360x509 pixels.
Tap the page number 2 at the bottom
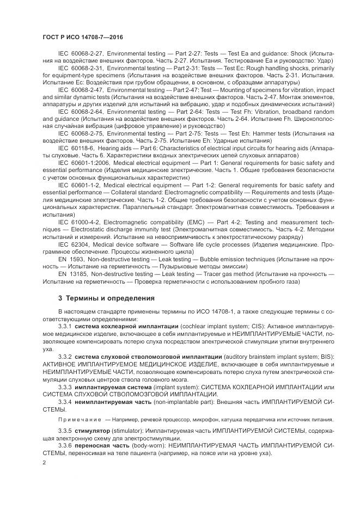click(x=44, y=463)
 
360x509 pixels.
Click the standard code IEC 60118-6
click(x=76, y=148)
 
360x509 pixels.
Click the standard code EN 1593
click(x=72, y=259)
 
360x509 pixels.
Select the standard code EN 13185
click(x=74, y=274)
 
